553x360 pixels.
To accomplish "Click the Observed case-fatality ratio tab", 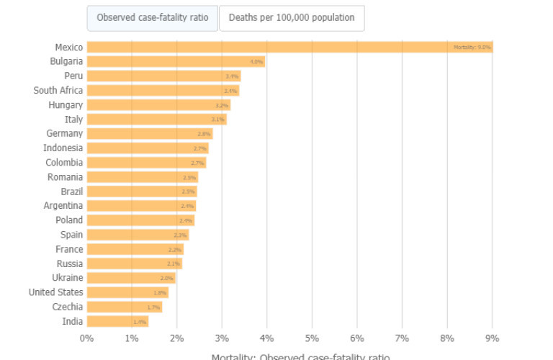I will pyautogui.click(x=152, y=18).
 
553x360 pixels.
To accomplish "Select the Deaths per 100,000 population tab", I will pyautogui.click(x=292, y=18).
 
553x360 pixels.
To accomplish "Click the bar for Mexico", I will pyautogui.click(x=288, y=47).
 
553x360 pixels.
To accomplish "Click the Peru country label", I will pyautogui.click(x=73, y=76).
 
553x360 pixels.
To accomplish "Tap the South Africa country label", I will pyautogui.click(x=58, y=90).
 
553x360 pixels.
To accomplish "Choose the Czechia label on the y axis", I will pyautogui.click(x=67, y=307).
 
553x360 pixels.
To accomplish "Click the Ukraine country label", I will pyautogui.click(x=67, y=278).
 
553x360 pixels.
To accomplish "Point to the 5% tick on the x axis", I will pyautogui.click(x=312, y=338).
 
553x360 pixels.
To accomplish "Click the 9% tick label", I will pyautogui.click(x=493, y=338).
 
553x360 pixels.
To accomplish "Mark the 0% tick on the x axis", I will pyautogui.click(x=86, y=338).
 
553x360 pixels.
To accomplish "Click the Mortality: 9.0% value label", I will pyautogui.click(x=472, y=47).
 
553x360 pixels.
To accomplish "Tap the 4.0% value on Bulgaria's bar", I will pyautogui.click(x=256, y=62).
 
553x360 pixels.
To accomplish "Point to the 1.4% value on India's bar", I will pyautogui.click(x=139, y=322).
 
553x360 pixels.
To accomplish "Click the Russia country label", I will pyautogui.click(x=69, y=264).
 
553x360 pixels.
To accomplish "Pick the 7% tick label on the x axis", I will pyautogui.click(x=402, y=338).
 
